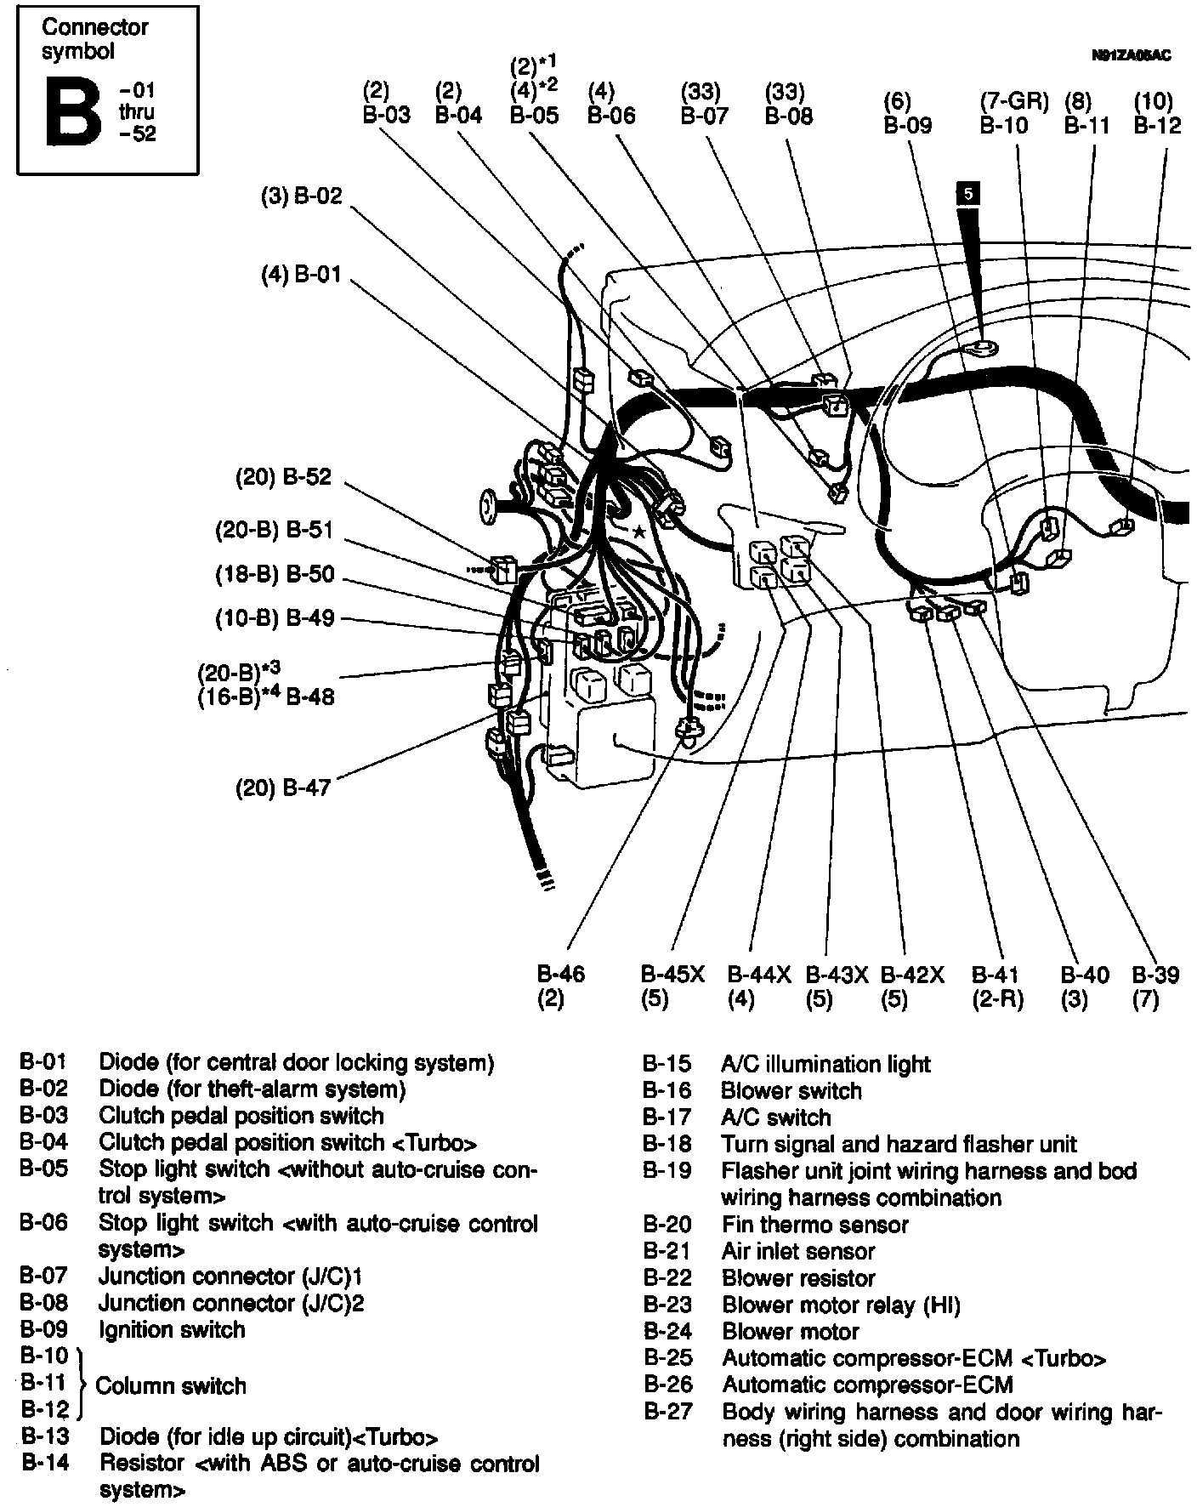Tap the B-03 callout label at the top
pyautogui.click(x=386, y=116)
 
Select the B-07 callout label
pyautogui.click(x=705, y=116)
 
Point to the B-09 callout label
pyautogui.click(x=908, y=125)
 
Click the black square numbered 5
pyautogui.click(x=967, y=194)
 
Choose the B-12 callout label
pyautogui.click(x=1157, y=125)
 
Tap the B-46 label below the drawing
pyautogui.click(x=561, y=975)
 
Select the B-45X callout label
pyautogui.click(x=672, y=975)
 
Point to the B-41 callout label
pyautogui.click(x=995, y=975)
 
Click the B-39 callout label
pyautogui.click(x=1155, y=975)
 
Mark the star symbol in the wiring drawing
pyautogui.click(x=638, y=532)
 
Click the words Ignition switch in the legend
pyautogui.click(x=172, y=1329)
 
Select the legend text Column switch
pyautogui.click(x=171, y=1385)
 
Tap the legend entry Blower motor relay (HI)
pyautogui.click(x=841, y=1305)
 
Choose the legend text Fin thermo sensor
pyautogui.click(x=814, y=1225)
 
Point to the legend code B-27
pyautogui.click(x=667, y=1412)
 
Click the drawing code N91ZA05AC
pyautogui.click(x=1131, y=56)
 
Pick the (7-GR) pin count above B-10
pyautogui.click(x=1014, y=102)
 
